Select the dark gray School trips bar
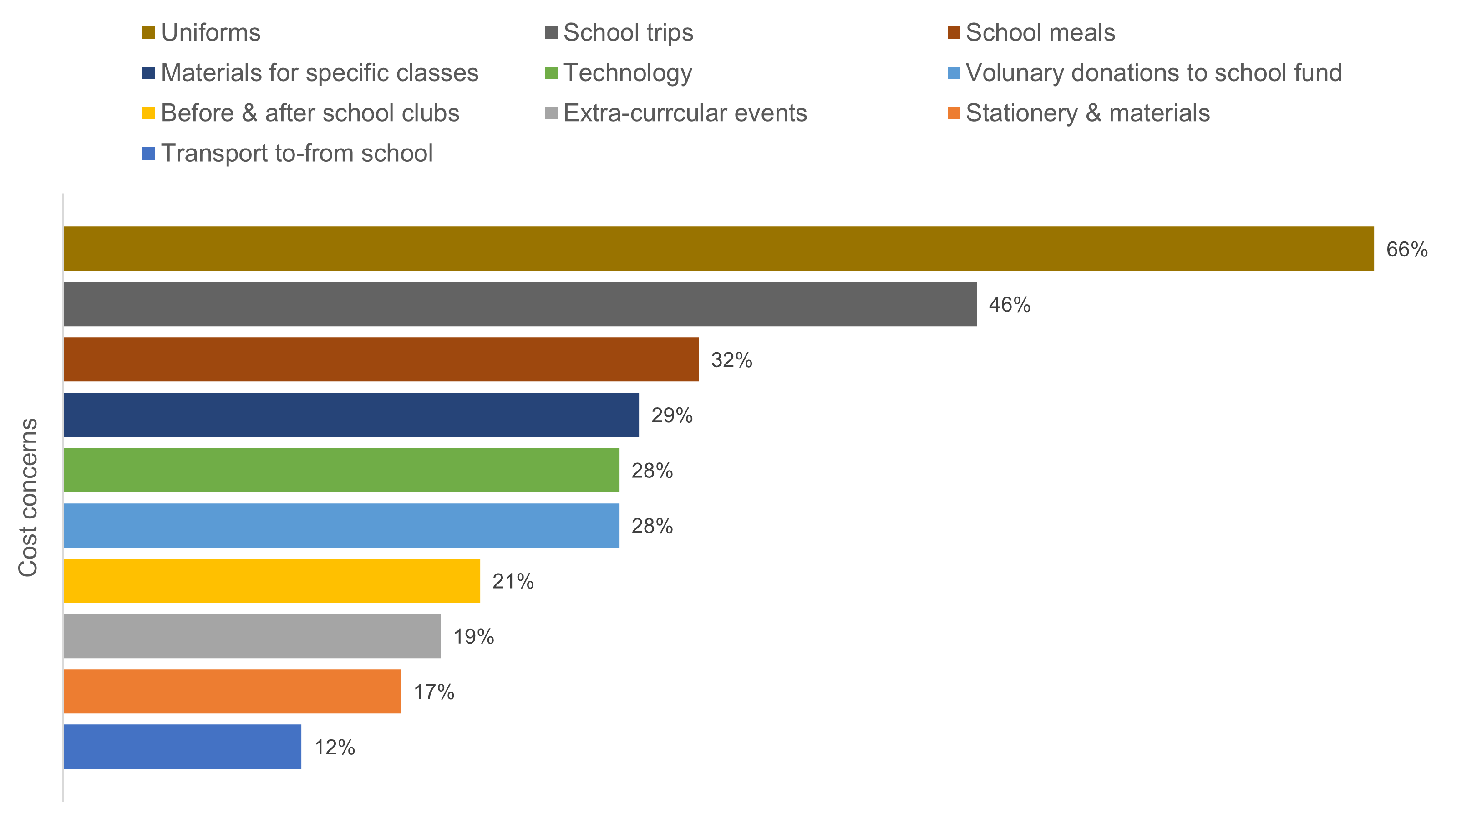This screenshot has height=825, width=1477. [519, 304]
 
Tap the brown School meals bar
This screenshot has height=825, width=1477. [381, 359]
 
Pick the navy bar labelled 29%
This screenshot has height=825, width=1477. [351, 415]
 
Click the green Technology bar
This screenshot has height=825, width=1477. [341, 470]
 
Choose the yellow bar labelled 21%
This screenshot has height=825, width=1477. [271, 581]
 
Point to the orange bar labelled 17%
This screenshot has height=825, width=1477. [232, 692]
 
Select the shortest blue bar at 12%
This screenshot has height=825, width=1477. [182, 746]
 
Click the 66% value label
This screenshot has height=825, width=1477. [1406, 250]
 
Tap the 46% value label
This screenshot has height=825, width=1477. [1009, 305]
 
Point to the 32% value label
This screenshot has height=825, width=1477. [731, 360]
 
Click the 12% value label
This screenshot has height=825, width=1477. [334, 748]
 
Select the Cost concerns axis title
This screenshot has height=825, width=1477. [27, 497]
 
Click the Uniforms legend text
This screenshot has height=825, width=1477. [210, 33]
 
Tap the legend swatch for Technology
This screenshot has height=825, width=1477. [551, 73]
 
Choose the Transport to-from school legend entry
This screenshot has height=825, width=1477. [296, 153]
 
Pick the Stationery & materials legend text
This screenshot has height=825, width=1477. [1087, 113]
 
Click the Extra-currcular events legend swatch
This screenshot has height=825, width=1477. [551, 113]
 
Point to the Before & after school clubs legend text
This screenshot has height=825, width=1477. [310, 113]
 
